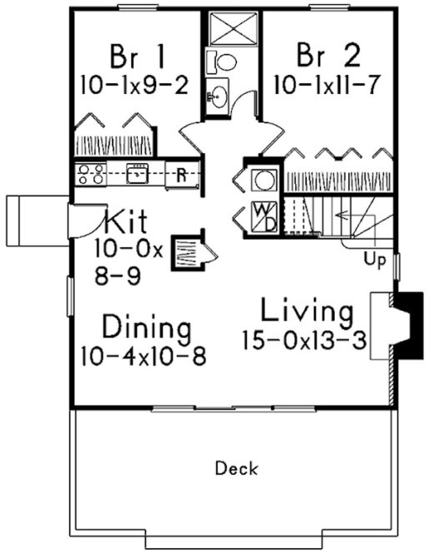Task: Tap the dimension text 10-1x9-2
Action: (136, 84)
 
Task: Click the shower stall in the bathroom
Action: (229, 30)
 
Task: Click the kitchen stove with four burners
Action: (89, 175)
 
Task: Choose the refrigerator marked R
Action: (180, 176)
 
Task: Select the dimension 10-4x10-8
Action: (144, 355)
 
